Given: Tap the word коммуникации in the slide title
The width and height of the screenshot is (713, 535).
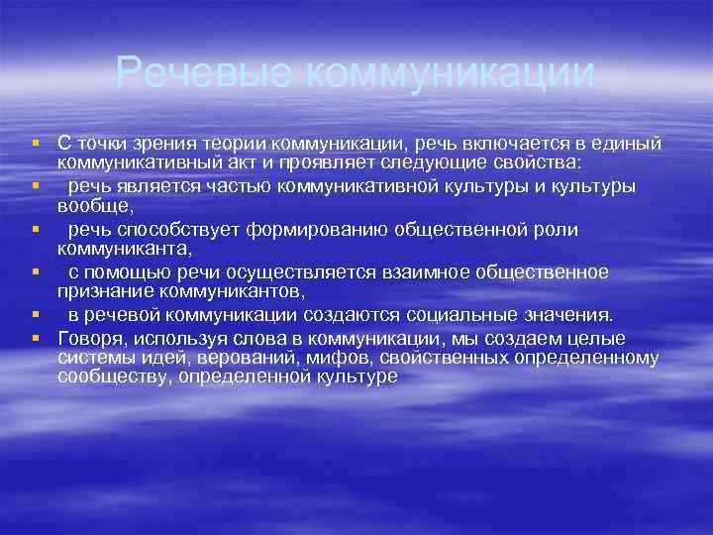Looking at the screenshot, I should pos(448,72).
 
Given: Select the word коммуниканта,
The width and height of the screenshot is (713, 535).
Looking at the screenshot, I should pos(125,248).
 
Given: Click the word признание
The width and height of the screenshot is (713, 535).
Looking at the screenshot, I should pos(100,290).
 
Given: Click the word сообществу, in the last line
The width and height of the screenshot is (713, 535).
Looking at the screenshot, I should pos(112,375).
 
